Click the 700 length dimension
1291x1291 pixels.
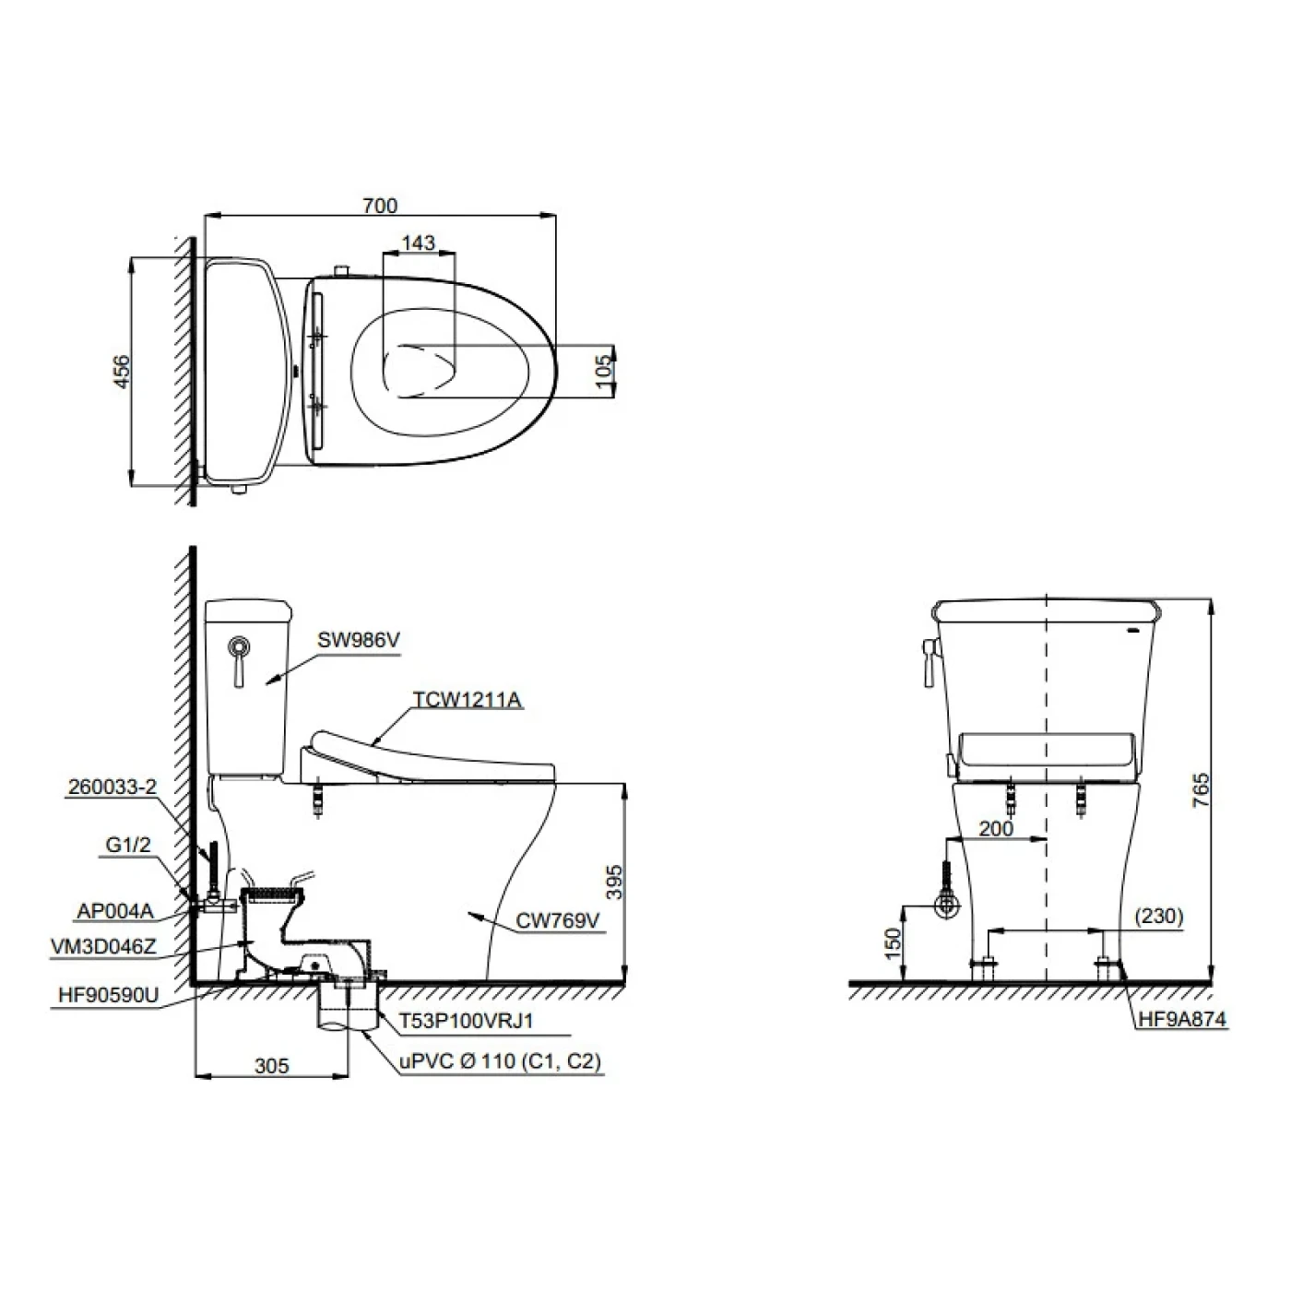(380, 205)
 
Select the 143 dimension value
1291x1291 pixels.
(418, 243)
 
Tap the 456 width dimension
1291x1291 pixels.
(122, 372)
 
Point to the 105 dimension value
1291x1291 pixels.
(604, 371)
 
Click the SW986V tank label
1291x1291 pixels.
(359, 640)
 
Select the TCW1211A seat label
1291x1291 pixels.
(467, 699)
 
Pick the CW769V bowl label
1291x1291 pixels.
(557, 921)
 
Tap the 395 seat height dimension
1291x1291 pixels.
(613, 882)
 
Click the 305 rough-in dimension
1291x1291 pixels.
(271, 1066)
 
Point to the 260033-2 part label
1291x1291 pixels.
(112, 787)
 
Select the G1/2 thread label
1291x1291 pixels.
(128, 846)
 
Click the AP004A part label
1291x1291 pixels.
(115, 910)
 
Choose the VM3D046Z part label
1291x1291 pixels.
(103, 947)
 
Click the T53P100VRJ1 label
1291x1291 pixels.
(467, 1021)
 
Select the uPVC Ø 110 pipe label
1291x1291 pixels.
(500, 1062)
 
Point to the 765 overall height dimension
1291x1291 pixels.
(1202, 789)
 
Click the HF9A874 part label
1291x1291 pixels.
(1182, 1019)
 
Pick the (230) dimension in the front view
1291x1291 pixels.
(1159, 916)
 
